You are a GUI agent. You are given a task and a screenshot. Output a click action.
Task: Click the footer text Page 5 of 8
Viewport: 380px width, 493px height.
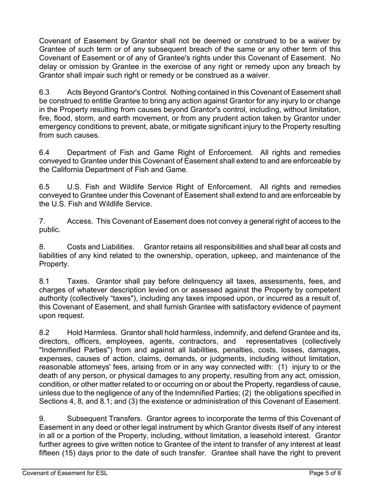pyautogui.click(x=325, y=473)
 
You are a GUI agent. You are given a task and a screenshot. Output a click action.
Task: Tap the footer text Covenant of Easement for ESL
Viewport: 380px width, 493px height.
pyautogui.click(x=65, y=473)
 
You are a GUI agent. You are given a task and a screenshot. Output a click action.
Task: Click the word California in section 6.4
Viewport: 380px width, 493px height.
pyautogui.click(x=71, y=170)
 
